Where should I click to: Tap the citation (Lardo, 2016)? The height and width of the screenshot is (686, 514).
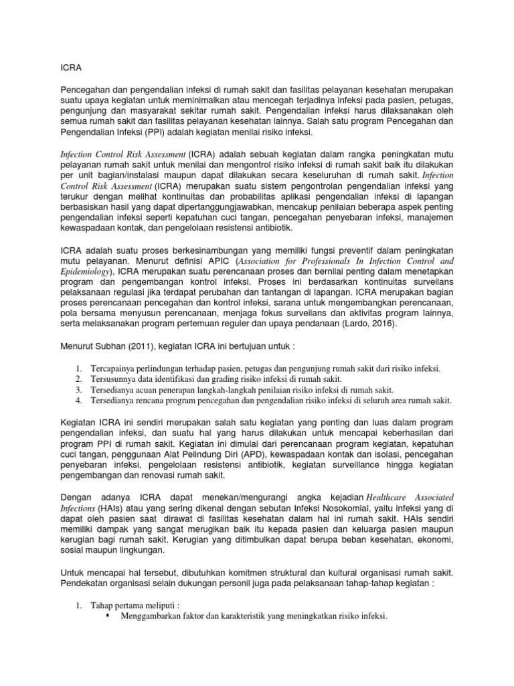coord(365,324)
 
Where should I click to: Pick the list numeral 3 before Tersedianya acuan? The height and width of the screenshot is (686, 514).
coord(78,389)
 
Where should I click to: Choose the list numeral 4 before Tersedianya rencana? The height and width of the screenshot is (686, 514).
coord(78,401)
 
